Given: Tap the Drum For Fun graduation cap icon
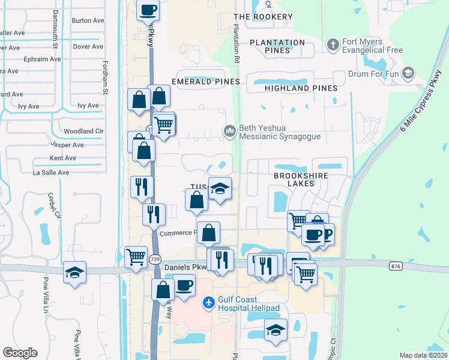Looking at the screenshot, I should pos(408,74).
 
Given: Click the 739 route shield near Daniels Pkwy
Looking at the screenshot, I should pos(155,259).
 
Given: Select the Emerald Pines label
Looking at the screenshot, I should pos(205,81).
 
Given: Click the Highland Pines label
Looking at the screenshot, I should pos(300,88).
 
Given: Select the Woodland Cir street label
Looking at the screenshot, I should pos(83,131).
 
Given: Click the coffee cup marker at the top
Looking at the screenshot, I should pos(148,10).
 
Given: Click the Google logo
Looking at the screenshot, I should pos(20,352).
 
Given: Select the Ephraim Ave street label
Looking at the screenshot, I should pos(42,59).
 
